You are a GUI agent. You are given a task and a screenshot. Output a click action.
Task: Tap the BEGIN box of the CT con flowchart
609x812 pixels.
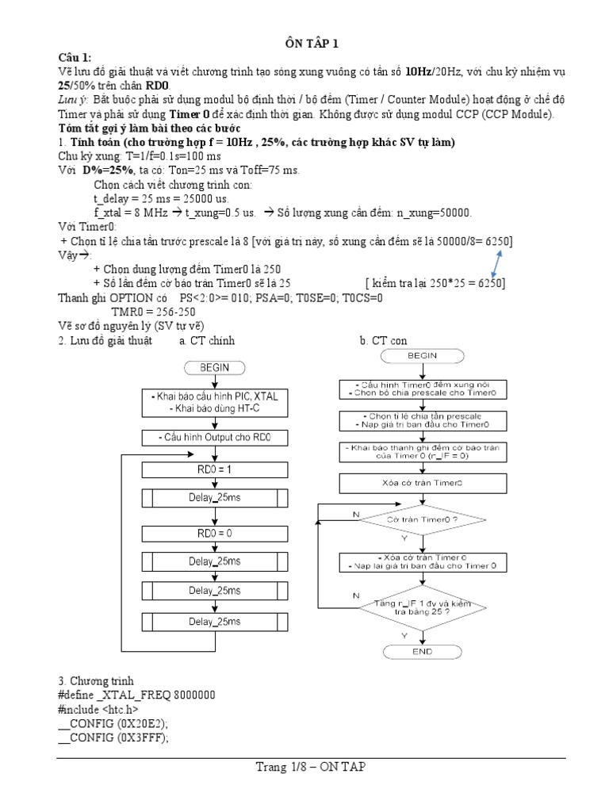422,356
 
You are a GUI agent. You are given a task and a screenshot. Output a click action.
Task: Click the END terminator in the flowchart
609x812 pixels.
422,651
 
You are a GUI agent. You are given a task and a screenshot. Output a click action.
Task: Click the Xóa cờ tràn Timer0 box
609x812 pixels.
422,482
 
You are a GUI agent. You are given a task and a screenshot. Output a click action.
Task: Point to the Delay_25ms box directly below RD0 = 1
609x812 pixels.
215,499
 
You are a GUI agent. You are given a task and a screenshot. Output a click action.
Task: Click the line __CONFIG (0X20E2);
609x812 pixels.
115,723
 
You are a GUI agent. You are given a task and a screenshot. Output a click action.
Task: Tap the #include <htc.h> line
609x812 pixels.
99,709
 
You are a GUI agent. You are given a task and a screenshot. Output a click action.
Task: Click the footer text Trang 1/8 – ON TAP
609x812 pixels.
310,767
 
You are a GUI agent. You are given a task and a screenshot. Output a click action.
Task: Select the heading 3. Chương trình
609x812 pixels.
96,680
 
